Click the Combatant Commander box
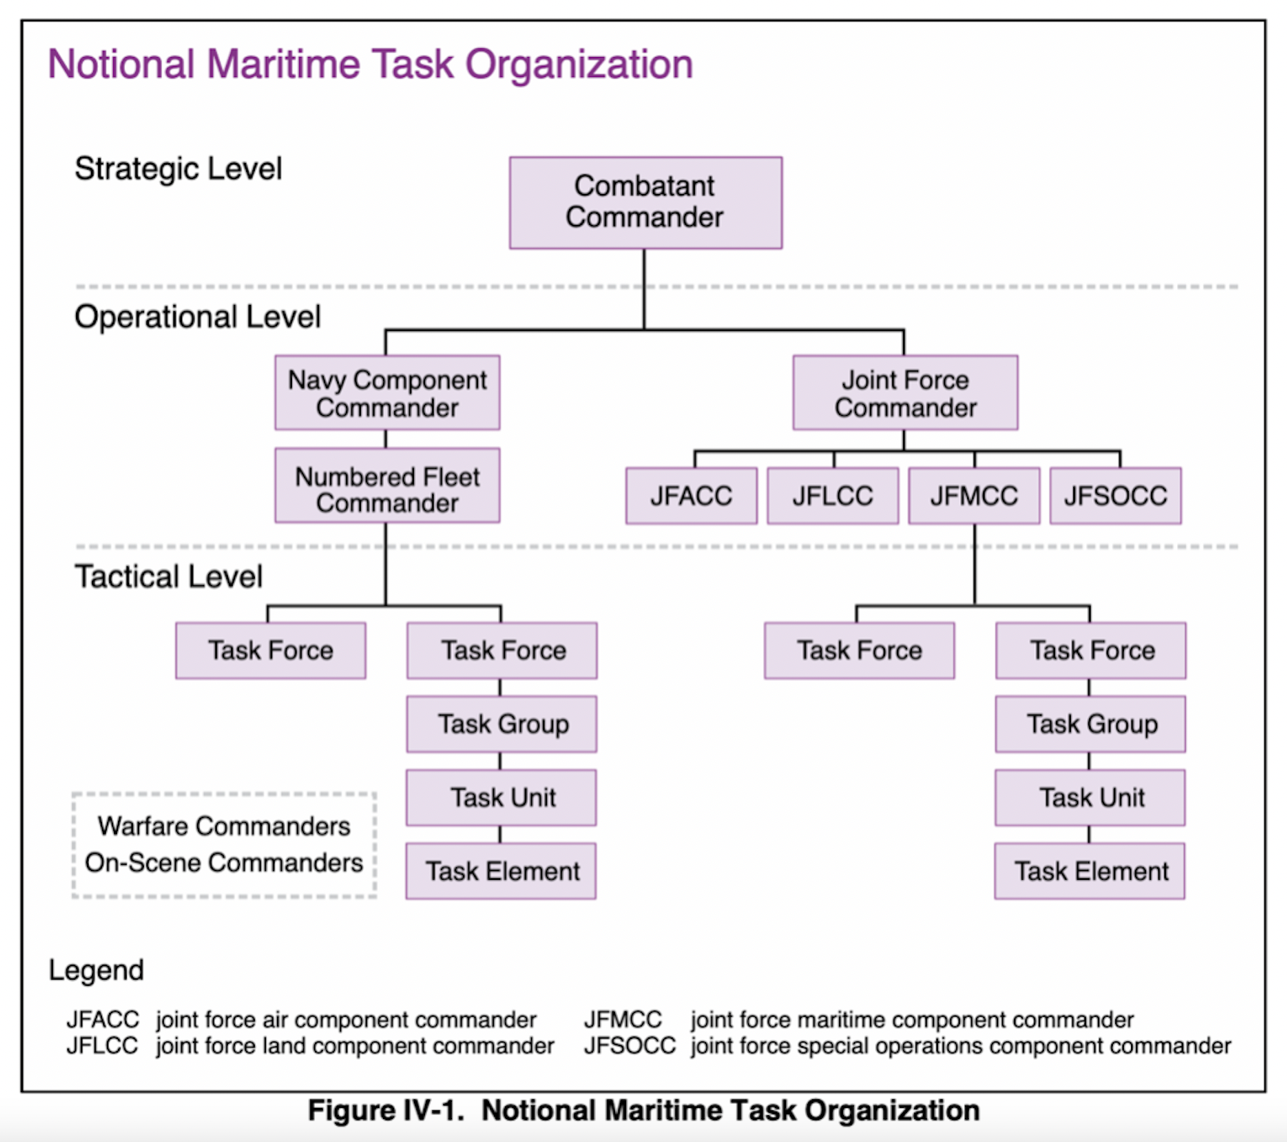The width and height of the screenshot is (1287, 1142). pyautogui.click(x=645, y=203)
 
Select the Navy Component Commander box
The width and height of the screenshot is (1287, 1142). pyautogui.click(x=387, y=393)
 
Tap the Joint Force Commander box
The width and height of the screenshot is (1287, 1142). pyautogui.click(x=905, y=393)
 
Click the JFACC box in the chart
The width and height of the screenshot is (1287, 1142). pyautogui.click(x=691, y=497)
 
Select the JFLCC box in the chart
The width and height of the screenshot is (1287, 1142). pyautogui.click(x=833, y=497)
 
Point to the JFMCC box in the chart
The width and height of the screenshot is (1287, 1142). pyautogui.click(x=974, y=497)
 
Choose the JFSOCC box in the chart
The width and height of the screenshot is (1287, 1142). pyautogui.click(x=1115, y=497)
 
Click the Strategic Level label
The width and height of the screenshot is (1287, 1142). pyautogui.click(x=178, y=169)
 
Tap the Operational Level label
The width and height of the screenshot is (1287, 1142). pyautogui.click(x=197, y=317)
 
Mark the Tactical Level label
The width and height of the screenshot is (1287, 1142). pyautogui.click(x=169, y=577)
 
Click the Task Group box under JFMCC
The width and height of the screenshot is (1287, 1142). pyautogui.click(x=1091, y=724)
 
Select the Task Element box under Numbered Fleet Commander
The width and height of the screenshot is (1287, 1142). pyautogui.click(x=501, y=871)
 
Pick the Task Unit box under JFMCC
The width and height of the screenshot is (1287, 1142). pyautogui.click(x=1091, y=797)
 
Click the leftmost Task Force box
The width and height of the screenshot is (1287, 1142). pyautogui.click(x=271, y=651)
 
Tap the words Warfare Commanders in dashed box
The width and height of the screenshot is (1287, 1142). pyautogui.click(x=224, y=826)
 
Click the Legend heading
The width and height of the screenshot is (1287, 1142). pyautogui.click(x=96, y=970)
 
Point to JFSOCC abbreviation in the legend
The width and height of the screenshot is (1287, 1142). pyautogui.click(x=629, y=1046)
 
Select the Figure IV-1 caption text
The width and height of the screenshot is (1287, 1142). pyautogui.click(x=643, y=1110)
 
